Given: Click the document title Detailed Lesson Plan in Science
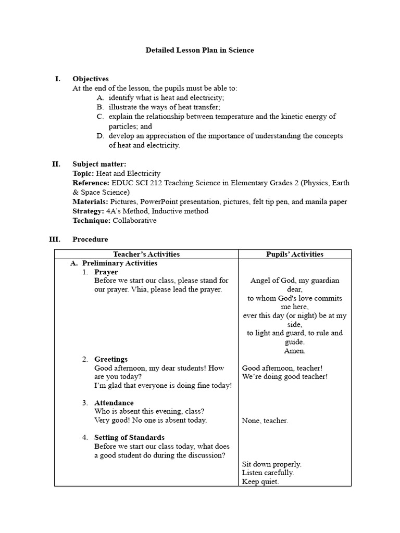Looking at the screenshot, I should tap(200, 50).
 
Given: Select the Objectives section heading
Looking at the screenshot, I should tap(91, 79).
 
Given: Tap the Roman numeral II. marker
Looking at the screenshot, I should tap(56, 164).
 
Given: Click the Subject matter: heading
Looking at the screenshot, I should tap(99, 164).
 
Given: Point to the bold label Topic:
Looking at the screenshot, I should tap(83, 173).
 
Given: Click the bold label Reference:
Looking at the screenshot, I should tap(91, 183).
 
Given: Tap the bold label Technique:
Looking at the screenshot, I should tap(92, 221).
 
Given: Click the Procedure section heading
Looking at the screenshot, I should tap(91, 239).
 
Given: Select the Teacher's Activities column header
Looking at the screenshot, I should tap(146, 255).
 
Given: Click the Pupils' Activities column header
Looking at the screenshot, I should tap(295, 255).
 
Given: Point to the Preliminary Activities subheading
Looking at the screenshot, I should tap(120, 263).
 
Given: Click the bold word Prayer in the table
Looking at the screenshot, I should tap(106, 272).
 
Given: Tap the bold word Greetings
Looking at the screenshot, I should tap(111, 359).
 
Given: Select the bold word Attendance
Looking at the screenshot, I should tap(114, 403).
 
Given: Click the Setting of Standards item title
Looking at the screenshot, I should tap(129, 438).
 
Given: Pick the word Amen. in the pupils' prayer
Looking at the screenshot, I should tap(294, 351).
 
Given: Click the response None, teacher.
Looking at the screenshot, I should tap(265, 421).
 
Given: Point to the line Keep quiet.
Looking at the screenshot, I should tap(260, 482).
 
